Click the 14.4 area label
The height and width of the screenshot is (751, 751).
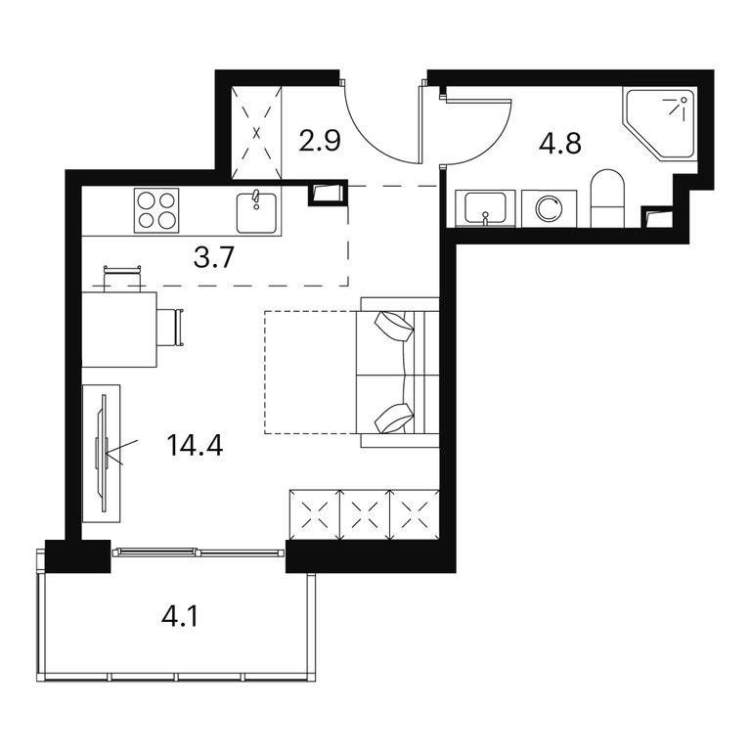click(195, 446)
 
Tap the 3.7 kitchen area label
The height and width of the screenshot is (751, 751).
click(213, 257)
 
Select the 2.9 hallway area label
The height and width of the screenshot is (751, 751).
click(320, 141)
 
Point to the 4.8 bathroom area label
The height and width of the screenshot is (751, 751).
click(560, 143)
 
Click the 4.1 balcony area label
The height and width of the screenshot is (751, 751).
click(180, 616)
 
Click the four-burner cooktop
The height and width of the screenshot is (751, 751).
click(156, 210)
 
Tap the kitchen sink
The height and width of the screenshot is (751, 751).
click(256, 212)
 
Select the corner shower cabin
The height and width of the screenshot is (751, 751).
click(659, 122)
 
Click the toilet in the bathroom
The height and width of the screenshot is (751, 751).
click(608, 199)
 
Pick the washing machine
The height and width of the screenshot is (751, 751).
click(549, 208)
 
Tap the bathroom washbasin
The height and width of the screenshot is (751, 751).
click(485, 208)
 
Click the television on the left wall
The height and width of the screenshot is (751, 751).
click(102, 453)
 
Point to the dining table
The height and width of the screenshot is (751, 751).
click(119, 330)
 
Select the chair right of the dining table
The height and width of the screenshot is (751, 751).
click(170, 328)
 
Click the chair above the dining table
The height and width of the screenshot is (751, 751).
click(122, 278)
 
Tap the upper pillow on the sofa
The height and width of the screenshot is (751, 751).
click(395, 327)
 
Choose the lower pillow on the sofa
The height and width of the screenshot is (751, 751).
click(394, 419)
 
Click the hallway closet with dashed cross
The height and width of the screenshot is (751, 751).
click(257, 133)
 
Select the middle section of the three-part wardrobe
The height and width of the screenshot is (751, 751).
click(365, 514)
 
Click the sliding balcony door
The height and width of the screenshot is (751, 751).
click(198, 552)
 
